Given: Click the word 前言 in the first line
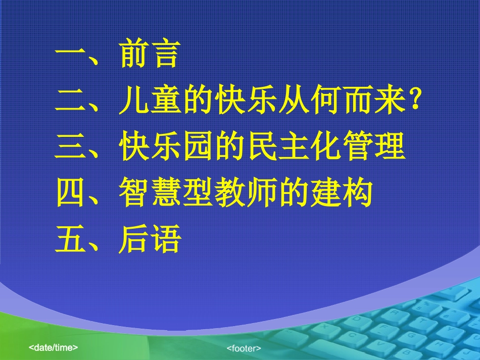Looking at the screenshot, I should click(x=150, y=55).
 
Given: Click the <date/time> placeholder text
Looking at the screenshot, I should click(x=53, y=347).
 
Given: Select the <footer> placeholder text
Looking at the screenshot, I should click(x=244, y=348).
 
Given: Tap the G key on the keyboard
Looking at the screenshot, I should click(x=410, y=334).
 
